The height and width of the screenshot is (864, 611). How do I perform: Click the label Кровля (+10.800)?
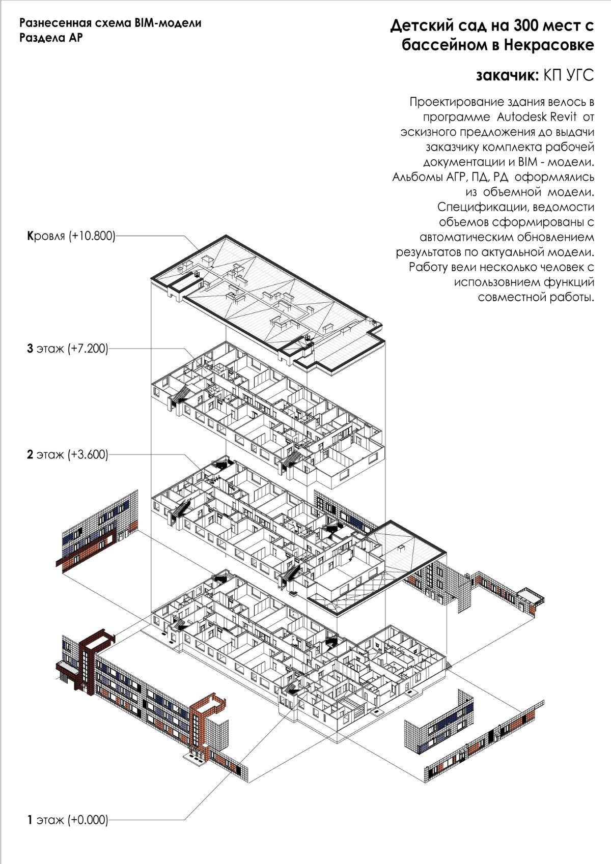[71, 236]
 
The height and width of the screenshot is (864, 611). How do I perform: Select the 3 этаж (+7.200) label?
[67, 349]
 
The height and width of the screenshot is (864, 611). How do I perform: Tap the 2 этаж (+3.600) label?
[67, 454]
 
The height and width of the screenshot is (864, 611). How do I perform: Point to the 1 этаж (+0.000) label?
[67, 820]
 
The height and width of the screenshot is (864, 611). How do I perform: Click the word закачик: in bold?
[507, 75]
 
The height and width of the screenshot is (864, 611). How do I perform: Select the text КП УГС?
[568, 75]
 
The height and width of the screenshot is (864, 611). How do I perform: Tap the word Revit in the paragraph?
[563, 117]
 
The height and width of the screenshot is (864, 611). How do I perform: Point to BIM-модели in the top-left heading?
[168, 23]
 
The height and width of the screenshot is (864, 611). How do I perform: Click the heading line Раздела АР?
[51, 38]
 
